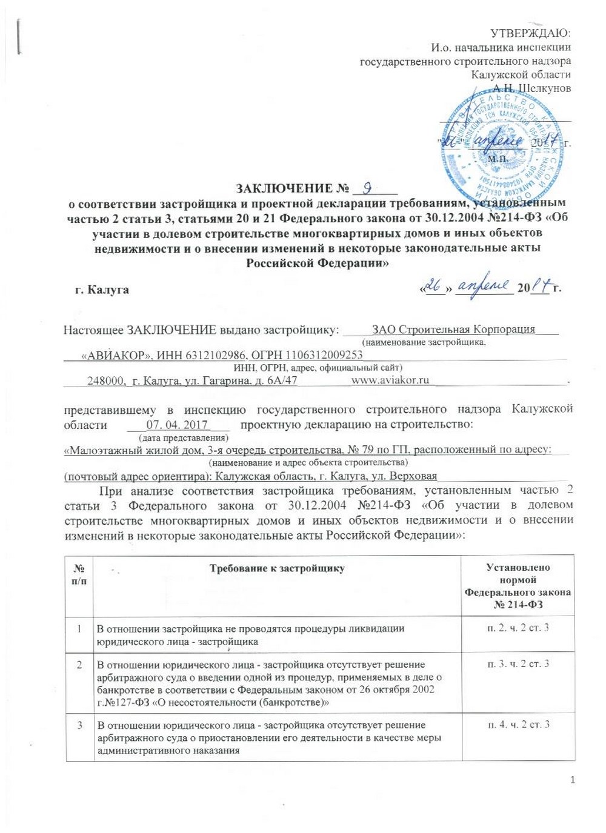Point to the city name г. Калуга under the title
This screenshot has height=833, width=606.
(102, 290)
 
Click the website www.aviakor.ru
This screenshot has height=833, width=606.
(390, 380)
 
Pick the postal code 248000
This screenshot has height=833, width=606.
(107, 380)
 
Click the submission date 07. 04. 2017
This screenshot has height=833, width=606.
(177, 425)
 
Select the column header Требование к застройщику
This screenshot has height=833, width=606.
(276, 568)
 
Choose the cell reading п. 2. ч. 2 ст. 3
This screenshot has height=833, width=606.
(518, 628)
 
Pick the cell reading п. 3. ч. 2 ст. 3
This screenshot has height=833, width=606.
(518, 664)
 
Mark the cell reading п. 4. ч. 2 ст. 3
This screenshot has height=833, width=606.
(518, 725)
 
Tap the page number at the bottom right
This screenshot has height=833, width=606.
(571, 780)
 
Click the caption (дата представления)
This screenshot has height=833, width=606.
(183, 437)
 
